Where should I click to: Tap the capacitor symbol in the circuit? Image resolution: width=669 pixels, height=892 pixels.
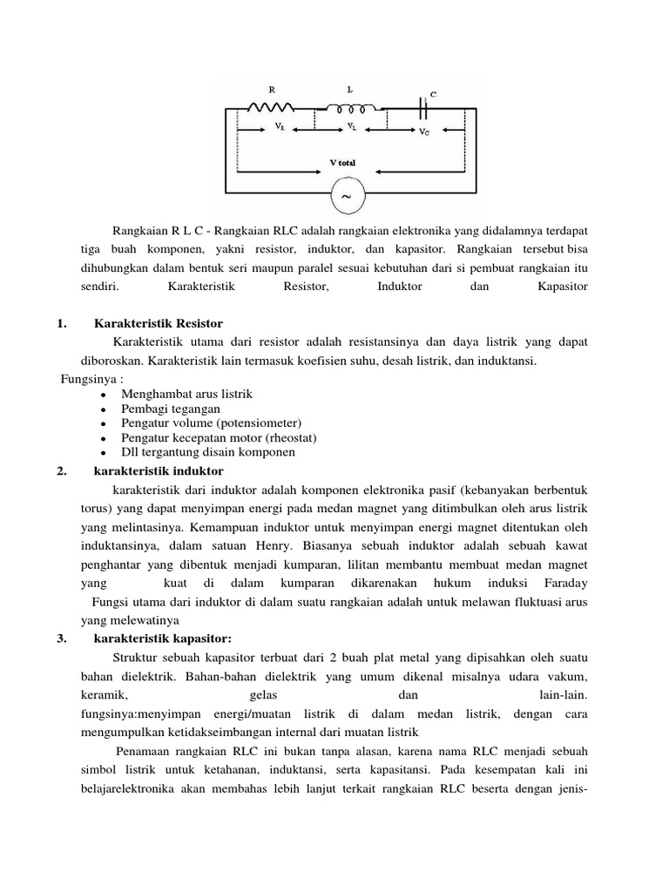(425, 108)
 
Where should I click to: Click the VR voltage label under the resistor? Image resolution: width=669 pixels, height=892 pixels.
(280, 127)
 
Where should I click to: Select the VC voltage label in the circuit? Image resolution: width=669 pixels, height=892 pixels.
(423, 131)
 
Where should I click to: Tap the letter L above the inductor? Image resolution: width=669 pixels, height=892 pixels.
(350, 90)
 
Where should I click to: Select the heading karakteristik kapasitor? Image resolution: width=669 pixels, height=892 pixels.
(162, 639)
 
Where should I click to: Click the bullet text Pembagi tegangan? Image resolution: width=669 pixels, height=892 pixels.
(171, 409)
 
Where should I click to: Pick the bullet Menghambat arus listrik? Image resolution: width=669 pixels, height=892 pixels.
(184, 394)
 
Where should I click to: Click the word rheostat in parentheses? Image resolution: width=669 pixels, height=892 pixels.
(291, 437)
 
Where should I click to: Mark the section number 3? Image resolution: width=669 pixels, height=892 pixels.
(61, 639)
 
